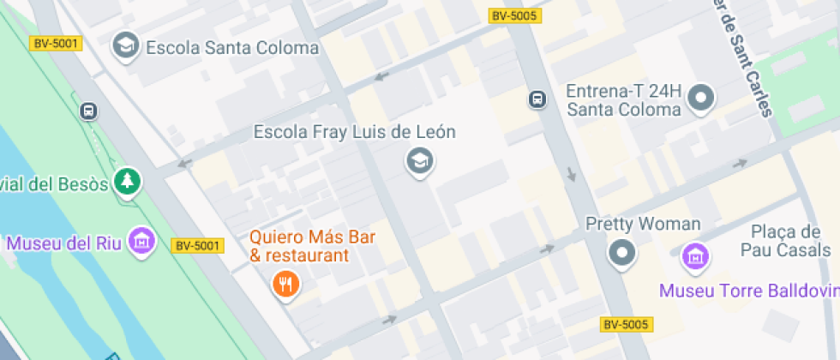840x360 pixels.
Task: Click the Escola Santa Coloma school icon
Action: point(127,46)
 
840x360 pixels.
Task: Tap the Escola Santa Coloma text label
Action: point(232,48)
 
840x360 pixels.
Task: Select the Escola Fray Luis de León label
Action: point(354,132)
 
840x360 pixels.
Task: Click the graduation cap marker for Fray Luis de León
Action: point(419,160)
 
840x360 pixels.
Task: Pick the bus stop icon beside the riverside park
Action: point(88,111)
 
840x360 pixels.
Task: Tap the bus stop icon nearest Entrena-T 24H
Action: point(537,99)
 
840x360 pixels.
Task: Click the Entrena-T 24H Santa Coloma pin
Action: point(702,99)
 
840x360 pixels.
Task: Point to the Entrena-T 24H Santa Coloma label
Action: point(623,99)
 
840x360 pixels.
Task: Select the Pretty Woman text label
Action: point(643,225)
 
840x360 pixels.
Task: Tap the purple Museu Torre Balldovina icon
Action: point(695,255)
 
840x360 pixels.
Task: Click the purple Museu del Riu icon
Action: point(141,241)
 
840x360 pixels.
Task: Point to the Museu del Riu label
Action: point(62,243)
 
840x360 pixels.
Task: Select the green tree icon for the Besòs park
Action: point(129,181)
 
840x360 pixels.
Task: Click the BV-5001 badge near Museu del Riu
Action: point(198,246)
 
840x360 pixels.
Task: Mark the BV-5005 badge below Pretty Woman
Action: point(626,324)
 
